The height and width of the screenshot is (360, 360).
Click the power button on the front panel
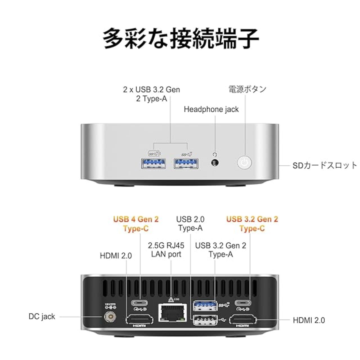coord(244,162)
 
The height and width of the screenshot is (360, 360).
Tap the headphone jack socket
coord(215,162)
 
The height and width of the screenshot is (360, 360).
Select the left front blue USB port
coord(153,163)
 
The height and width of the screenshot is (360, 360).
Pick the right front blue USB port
coord(186,163)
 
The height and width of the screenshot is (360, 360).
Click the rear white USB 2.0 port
coord(205,320)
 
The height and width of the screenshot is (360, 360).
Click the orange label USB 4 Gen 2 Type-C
coord(136,224)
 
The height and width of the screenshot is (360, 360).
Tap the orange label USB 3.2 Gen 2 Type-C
coord(252,224)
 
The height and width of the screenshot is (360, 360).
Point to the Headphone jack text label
coord(211,109)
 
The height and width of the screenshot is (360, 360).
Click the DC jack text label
coord(42,317)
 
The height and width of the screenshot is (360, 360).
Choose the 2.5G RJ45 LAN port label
coord(166,250)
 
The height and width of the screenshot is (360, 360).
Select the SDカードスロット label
coord(325,166)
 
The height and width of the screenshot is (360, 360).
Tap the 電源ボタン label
coord(247,89)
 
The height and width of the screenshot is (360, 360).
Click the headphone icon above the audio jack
coord(215,155)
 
